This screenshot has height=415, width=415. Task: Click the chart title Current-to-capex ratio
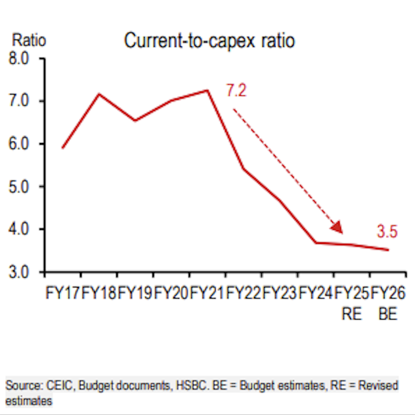tap(209, 41)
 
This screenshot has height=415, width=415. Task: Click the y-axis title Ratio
tap(29, 40)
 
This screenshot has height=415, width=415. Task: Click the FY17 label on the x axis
tap(63, 294)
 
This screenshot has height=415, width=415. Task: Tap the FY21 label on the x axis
tap(207, 294)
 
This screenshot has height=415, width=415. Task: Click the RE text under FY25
tap(351, 314)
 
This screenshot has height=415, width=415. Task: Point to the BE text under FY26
tap(388, 314)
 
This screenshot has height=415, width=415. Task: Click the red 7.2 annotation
tap(236, 91)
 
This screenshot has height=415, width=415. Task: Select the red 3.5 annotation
tap(387, 232)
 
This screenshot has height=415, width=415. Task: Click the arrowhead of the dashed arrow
tap(337, 227)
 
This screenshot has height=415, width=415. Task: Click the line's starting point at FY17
tap(62, 148)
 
